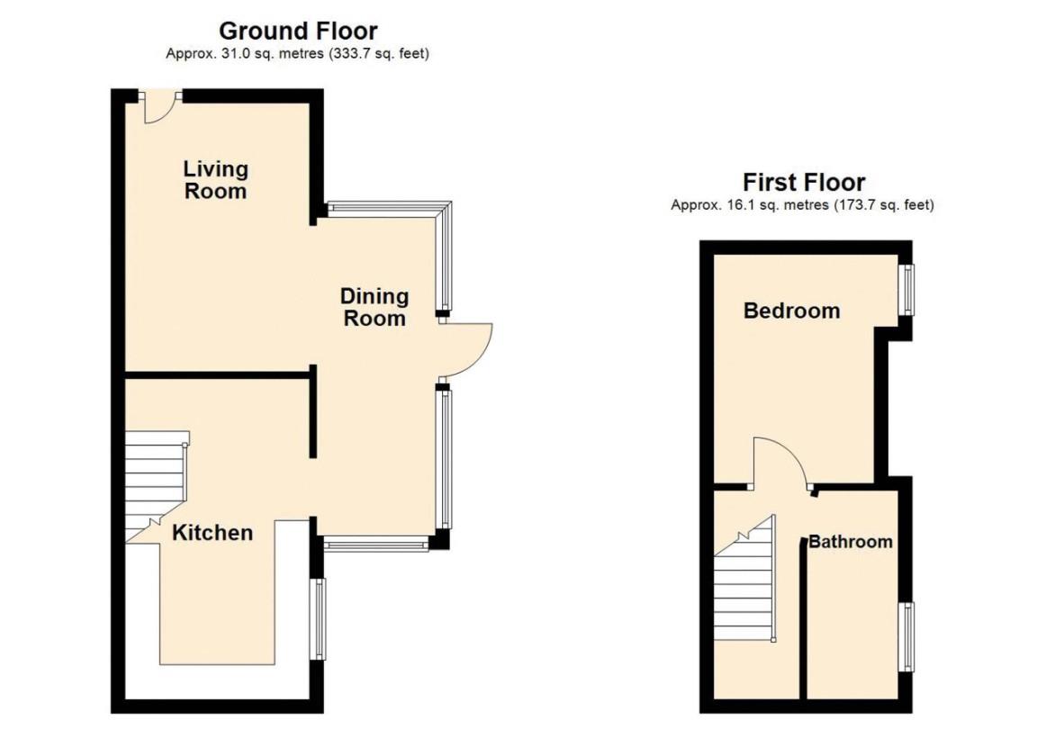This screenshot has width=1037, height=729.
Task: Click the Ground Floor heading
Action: [298, 31]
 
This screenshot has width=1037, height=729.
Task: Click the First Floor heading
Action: [804, 182]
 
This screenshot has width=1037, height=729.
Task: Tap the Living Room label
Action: [216, 180]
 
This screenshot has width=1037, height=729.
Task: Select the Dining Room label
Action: [374, 307]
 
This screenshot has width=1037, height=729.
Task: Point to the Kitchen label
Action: [212, 533]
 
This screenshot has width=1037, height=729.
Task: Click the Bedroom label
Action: [791, 310]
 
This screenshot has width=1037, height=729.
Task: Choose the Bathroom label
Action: [851, 542]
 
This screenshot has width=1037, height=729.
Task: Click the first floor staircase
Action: [744, 578]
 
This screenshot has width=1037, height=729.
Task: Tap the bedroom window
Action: [906, 290]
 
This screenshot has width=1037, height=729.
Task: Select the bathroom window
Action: [906, 636]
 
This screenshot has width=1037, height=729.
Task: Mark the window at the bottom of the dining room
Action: [377, 545]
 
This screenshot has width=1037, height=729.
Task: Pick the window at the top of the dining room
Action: [383, 207]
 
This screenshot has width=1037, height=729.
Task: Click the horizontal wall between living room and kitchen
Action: [218, 375]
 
